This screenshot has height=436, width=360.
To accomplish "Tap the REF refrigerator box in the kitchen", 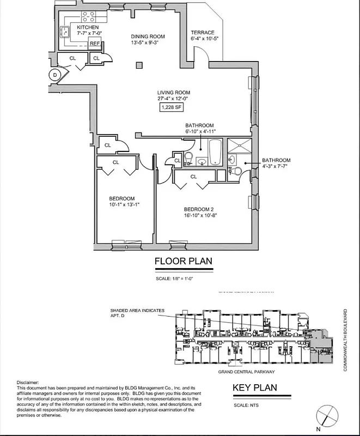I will pos(94,44).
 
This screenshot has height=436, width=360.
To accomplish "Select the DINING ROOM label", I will pos(148,37).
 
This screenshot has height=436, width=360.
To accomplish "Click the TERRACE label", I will pos(203,33).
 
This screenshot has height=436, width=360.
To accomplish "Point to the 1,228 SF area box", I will pos(171,107).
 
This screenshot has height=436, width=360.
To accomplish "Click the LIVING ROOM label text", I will pos(174,93).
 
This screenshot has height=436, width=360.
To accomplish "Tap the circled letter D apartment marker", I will pos(54,75).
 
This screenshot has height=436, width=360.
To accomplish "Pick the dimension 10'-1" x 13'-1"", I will pos(121,205).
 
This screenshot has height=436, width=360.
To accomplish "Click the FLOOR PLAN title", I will pos(183,261).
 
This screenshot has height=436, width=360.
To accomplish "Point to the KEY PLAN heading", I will pos(255,388).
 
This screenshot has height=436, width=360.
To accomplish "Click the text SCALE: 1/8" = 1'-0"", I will pos(182,280).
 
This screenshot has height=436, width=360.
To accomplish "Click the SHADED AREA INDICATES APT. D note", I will pos(137,313).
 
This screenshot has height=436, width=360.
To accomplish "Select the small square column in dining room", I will pos(138,66).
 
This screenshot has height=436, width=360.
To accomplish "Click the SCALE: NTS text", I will pos(245,404).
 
